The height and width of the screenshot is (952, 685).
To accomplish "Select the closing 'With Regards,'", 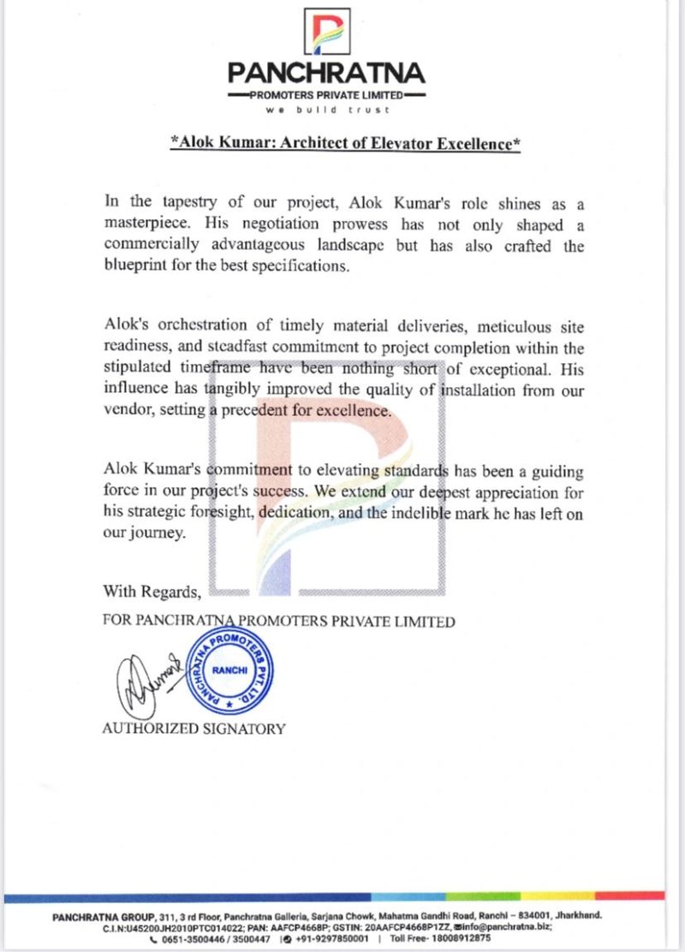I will (x=152, y=591).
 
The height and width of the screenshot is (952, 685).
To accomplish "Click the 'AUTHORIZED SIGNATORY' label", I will (x=194, y=729).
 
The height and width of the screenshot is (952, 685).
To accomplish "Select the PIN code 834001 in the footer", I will (x=539, y=915).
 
